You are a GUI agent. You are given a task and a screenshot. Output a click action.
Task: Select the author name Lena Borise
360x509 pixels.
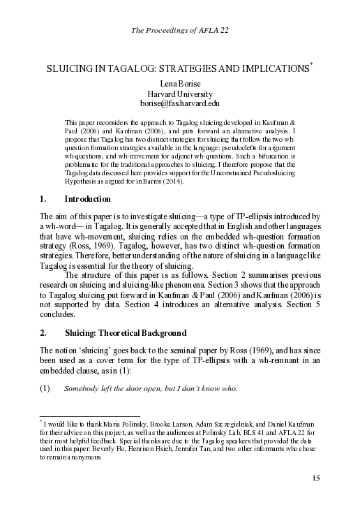click(179, 83)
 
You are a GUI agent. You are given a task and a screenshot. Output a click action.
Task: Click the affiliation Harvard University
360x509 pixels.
click(179, 94)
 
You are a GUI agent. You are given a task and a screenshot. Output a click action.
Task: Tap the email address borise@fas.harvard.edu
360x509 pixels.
click(179, 104)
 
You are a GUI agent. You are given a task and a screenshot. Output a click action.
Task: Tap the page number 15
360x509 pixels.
click(315, 478)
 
